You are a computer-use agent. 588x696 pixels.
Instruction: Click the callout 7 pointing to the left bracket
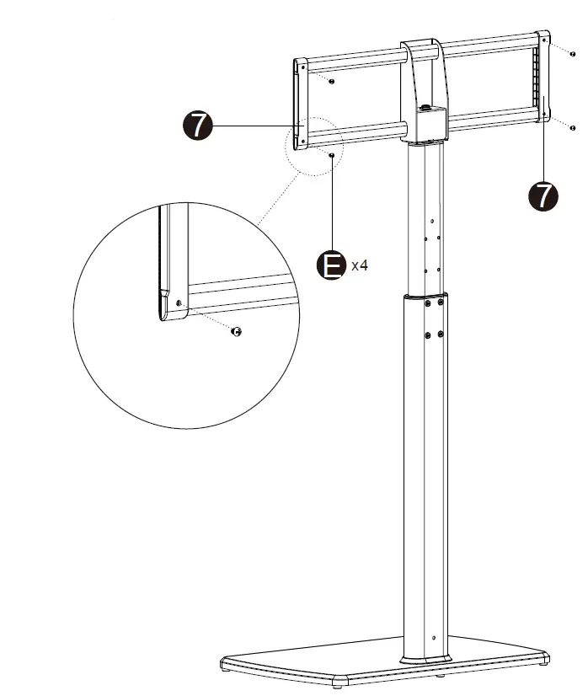point(198,126)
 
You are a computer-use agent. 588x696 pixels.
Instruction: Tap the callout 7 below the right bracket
point(543,195)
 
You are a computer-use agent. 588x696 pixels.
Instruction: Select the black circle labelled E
point(332,266)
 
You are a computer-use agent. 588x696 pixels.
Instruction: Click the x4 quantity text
point(359,266)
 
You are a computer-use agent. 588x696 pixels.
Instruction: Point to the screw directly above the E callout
point(334,156)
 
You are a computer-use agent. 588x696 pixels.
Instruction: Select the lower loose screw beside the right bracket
point(574,129)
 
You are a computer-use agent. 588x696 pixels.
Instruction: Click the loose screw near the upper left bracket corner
point(332,82)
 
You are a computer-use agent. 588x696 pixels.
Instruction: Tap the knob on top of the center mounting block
point(426,107)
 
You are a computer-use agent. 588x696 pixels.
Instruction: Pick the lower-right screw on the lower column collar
point(441,335)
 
